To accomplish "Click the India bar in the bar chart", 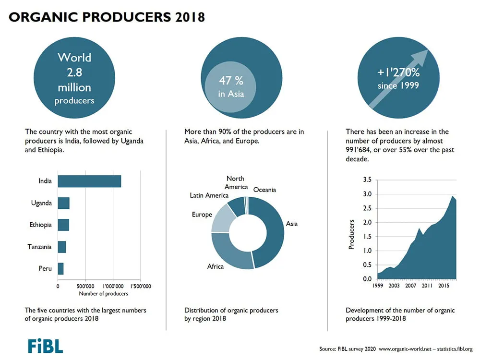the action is pyautogui.click(x=89, y=181).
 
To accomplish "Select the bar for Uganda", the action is pyautogui.click(x=64, y=203).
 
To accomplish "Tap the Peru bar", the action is pyautogui.click(x=60, y=269).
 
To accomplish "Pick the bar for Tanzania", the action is pyautogui.click(x=62, y=247).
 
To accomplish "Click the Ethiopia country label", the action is pyautogui.click(x=40, y=225).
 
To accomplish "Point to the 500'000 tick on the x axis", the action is pyautogui.click(x=85, y=287).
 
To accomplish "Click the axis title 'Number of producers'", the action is pyautogui.click(x=104, y=294).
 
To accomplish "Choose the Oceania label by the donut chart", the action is pyautogui.click(x=264, y=190).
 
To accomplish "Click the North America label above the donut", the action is pyautogui.click(x=236, y=183).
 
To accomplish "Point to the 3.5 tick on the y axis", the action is pyautogui.click(x=367, y=180).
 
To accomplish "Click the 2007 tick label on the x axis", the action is pyautogui.click(x=410, y=286).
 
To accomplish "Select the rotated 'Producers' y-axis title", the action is pyautogui.click(x=351, y=235).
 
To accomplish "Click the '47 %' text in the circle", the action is pyautogui.click(x=231, y=81).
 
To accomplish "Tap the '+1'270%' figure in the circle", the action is pyautogui.click(x=398, y=72).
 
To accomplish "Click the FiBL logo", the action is pyautogui.click(x=45, y=346).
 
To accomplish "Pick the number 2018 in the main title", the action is pyautogui.click(x=190, y=17).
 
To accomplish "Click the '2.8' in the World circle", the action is pyautogui.click(x=74, y=72).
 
